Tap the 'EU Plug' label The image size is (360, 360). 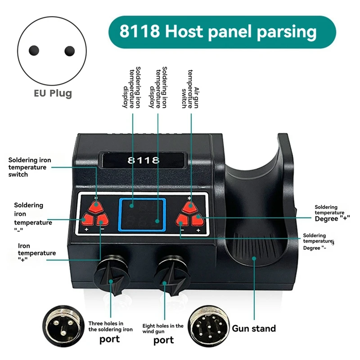click(53, 94)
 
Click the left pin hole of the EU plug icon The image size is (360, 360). click(34, 51)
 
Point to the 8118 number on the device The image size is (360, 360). click(144, 160)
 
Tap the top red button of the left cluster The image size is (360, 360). click(95, 207)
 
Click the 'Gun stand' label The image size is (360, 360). click(254, 328)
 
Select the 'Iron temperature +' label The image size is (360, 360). click(36, 253)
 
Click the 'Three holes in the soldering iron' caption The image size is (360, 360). click(111, 326)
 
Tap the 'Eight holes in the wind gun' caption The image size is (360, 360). click(163, 328)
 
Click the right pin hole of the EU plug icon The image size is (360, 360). click(69, 51)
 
